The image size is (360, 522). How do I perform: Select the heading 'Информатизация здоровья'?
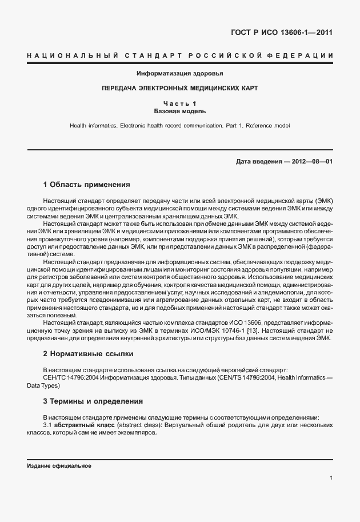(180, 74)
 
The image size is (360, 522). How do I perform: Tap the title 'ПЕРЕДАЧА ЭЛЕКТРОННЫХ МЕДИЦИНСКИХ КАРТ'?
(180, 89)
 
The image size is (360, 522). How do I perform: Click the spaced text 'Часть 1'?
(180, 103)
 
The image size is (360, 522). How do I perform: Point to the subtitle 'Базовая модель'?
(180, 111)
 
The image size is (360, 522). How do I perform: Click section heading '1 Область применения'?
(87, 185)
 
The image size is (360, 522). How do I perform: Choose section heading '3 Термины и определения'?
(93, 401)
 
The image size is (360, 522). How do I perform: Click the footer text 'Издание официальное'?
(59, 466)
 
